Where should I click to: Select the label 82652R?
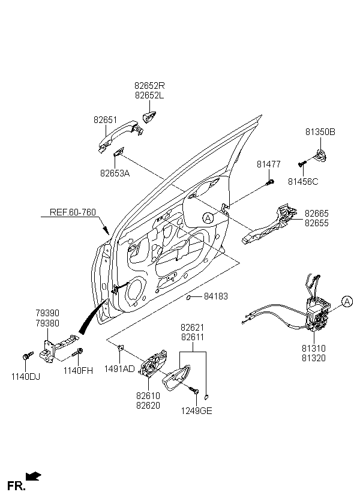[x=150, y=86]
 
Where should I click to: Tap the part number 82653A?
[x=115, y=173]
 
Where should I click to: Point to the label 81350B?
[x=320, y=132]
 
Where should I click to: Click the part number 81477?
[x=269, y=164]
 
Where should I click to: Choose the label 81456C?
[x=303, y=181]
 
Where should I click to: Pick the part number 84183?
[x=216, y=296]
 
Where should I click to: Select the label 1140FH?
[x=79, y=370]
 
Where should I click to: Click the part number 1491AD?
[x=119, y=369]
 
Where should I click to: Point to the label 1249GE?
[x=197, y=411]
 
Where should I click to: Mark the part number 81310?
[x=314, y=349]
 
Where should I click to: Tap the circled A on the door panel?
[x=208, y=218]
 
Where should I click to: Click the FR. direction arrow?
[x=34, y=476]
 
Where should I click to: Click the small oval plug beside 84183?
[x=188, y=296]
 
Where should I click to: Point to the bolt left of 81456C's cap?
[x=301, y=163]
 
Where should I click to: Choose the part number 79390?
[x=48, y=314]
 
